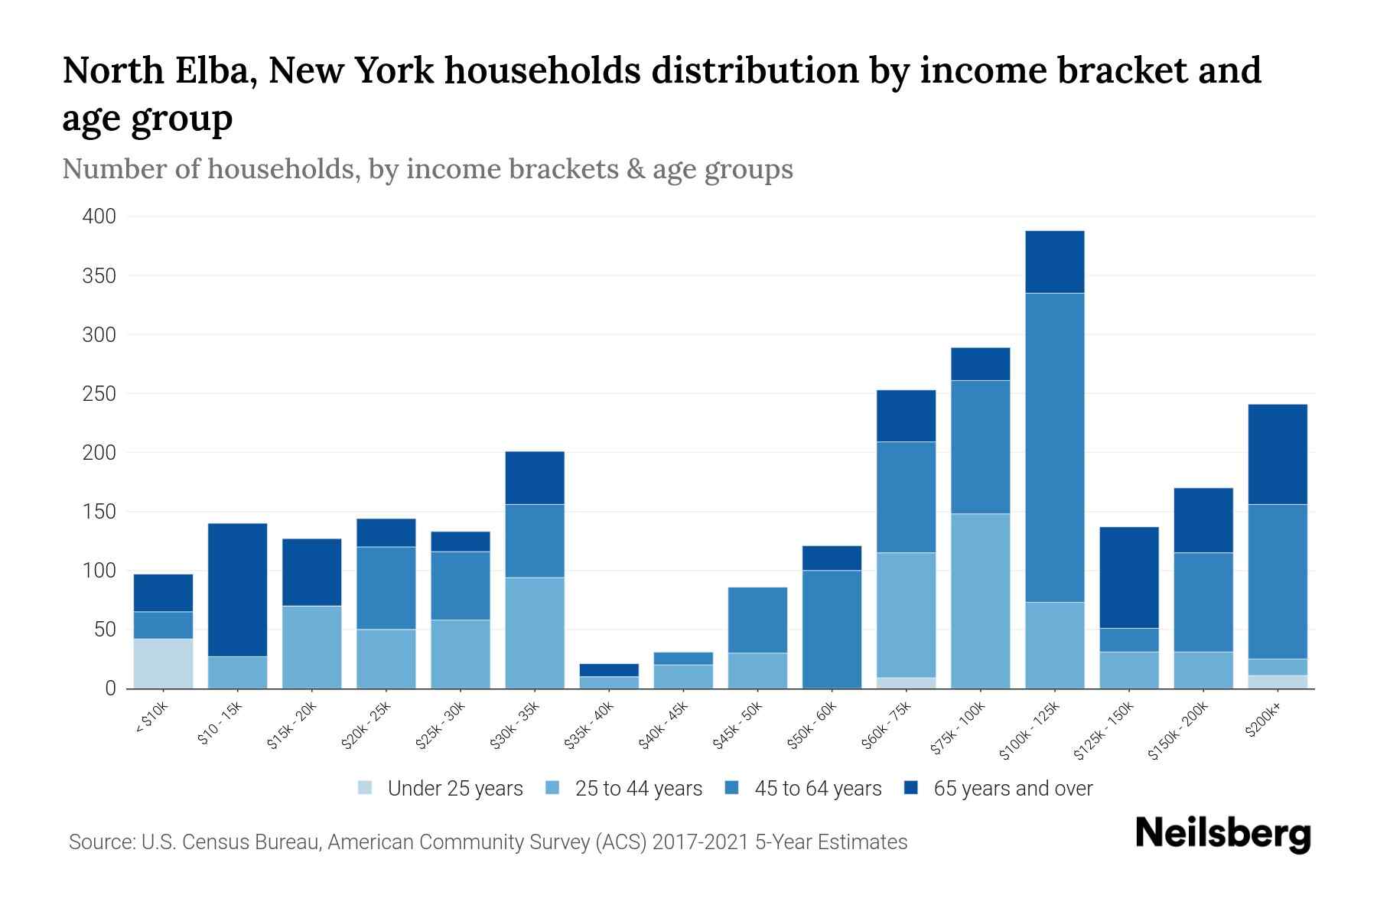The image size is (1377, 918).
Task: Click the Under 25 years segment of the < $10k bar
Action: [x=163, y=663]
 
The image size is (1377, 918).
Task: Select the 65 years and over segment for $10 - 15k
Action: [x=237, y=589]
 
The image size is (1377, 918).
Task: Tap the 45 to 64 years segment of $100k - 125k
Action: [x=1054, y=448]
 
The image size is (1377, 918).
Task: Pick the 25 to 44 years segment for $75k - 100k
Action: [x=980, y=601]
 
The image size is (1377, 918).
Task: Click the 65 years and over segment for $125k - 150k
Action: [x=1128, y=578]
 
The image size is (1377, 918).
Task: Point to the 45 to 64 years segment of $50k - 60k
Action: [x=832, y=629]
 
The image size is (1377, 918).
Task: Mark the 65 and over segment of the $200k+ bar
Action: [x=1277, y=454]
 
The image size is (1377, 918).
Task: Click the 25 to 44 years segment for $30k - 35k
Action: [x=535, y=633]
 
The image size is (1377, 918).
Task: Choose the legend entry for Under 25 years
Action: [x=454, y=789]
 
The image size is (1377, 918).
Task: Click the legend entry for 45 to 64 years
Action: [x=817, y=789]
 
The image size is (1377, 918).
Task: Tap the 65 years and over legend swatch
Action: [x=910, y=788]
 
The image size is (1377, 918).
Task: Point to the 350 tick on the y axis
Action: [x=99, y=276]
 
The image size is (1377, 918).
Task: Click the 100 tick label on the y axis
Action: [x=99, y=571]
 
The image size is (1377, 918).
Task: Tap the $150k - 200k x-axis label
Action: [x=1178, y=731]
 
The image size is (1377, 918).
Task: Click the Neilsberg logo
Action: [x=1222, y=835]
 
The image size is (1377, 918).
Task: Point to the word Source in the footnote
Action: [x=99, y=842]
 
